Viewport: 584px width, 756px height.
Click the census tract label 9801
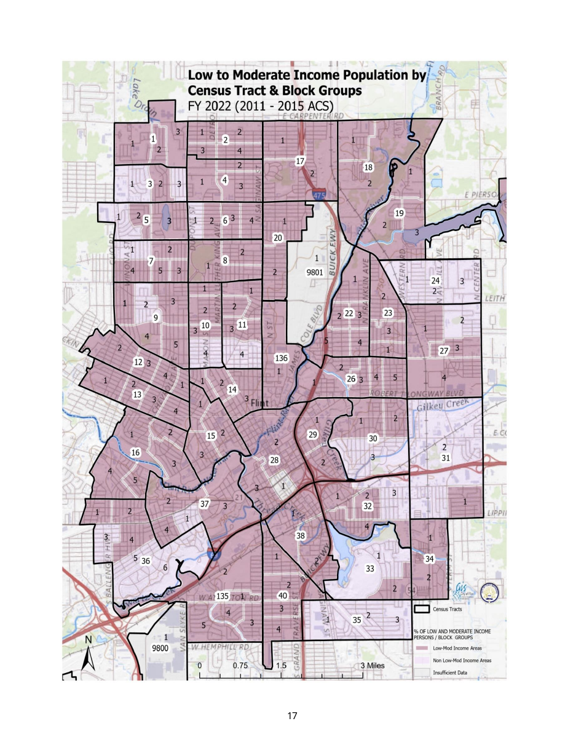(x=315, y=272)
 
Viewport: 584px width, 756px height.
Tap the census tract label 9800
(x=160, y=648)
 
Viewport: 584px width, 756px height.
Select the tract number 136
(x=281, y=358)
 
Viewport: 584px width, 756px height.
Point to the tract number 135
(x=223, y=596)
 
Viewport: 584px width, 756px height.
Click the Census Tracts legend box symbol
(x=421, y=610)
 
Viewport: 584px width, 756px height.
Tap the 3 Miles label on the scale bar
(x=372, y=666)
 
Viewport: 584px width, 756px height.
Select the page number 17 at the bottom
(x=292, y=715)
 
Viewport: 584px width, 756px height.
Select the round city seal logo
(x=489, y=591)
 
